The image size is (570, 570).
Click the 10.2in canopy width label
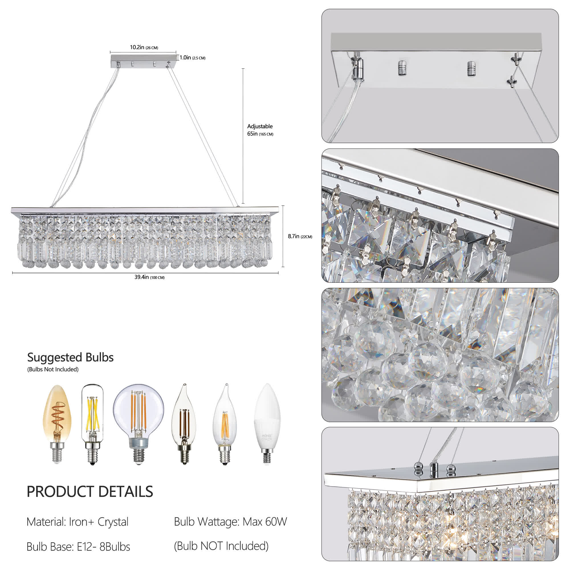pyautogui.click(x=144, y=47)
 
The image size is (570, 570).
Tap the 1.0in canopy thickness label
pyautogui.click(x=192, y=58)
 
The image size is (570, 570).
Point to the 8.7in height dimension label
pyautogui.click(x=300, y=236)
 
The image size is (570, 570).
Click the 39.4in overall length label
pyautogui.click(x=149, y=277)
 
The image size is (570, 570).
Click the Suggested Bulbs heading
pyautogui.click(x=70, y=357)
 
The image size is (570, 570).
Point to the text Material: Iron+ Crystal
pyautogui.click(x=77, y=522)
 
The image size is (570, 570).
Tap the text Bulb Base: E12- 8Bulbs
pyautogui.click(x=78, y=547)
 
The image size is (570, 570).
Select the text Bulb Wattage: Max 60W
pyautogui.click(x=230, y=522)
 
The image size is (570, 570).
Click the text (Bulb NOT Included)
pyautogui.click(x=221, y=546)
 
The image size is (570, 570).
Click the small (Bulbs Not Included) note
pyautogui.click(x=53, y=369)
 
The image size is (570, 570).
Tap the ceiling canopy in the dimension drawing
pyautogui.click(x=143, y=60)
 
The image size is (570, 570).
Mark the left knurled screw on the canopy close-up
pyautogui.click(x=401, y=68)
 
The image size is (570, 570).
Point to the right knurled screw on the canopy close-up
pyautogui.click(x=471, y=68)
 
